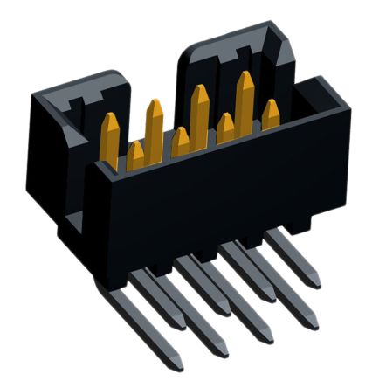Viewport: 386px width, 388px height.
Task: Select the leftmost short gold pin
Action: [135, 156]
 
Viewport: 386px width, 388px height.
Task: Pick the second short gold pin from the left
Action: [181, 142]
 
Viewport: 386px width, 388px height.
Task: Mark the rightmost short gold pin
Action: [272, 114]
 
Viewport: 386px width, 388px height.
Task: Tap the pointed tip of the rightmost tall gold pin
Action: [245, 75]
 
